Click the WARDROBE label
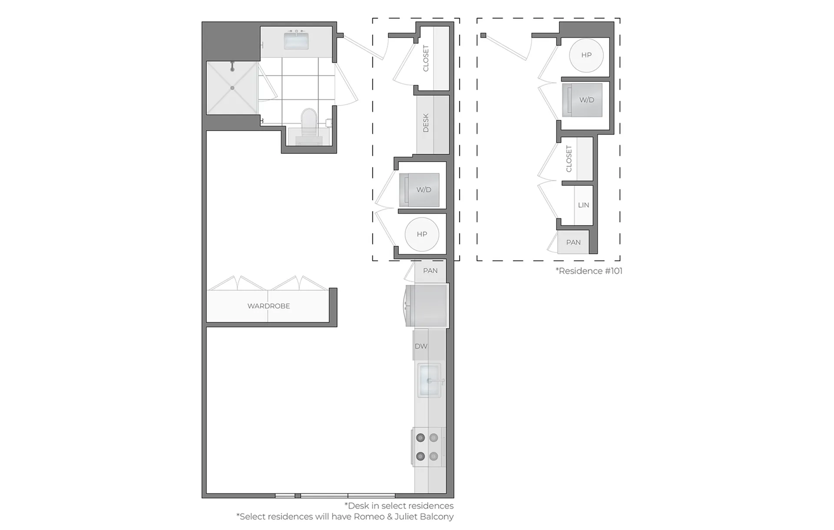268,306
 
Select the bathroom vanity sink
296,40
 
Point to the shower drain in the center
232,88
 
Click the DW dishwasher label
421,346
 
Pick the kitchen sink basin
429,381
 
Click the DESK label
426,123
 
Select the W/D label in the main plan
424,190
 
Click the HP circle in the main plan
422,234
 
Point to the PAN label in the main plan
430,271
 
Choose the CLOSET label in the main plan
426,58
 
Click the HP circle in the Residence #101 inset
586,55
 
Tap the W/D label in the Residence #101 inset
586,100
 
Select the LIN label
583,205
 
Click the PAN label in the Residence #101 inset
573,242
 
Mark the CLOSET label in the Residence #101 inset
569,159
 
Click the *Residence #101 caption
589,271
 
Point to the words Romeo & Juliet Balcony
404,517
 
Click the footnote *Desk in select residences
399,506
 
